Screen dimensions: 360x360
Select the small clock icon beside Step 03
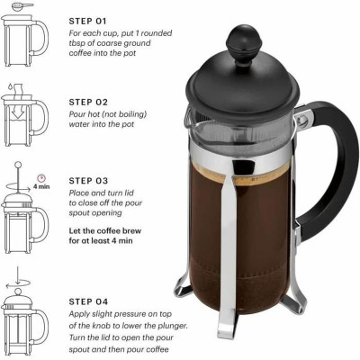(40, 177)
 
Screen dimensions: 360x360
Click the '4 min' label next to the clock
(40, 187)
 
